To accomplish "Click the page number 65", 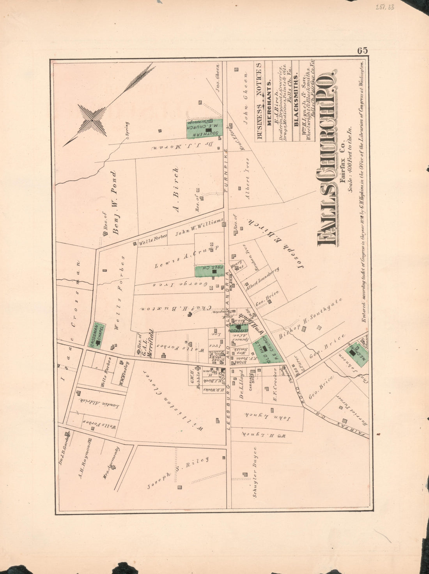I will (x=362, y=51).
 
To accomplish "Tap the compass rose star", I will (x=92, y=119).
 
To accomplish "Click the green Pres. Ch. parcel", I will (x=210, y=270).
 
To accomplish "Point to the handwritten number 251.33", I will (x=384, y=7).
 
